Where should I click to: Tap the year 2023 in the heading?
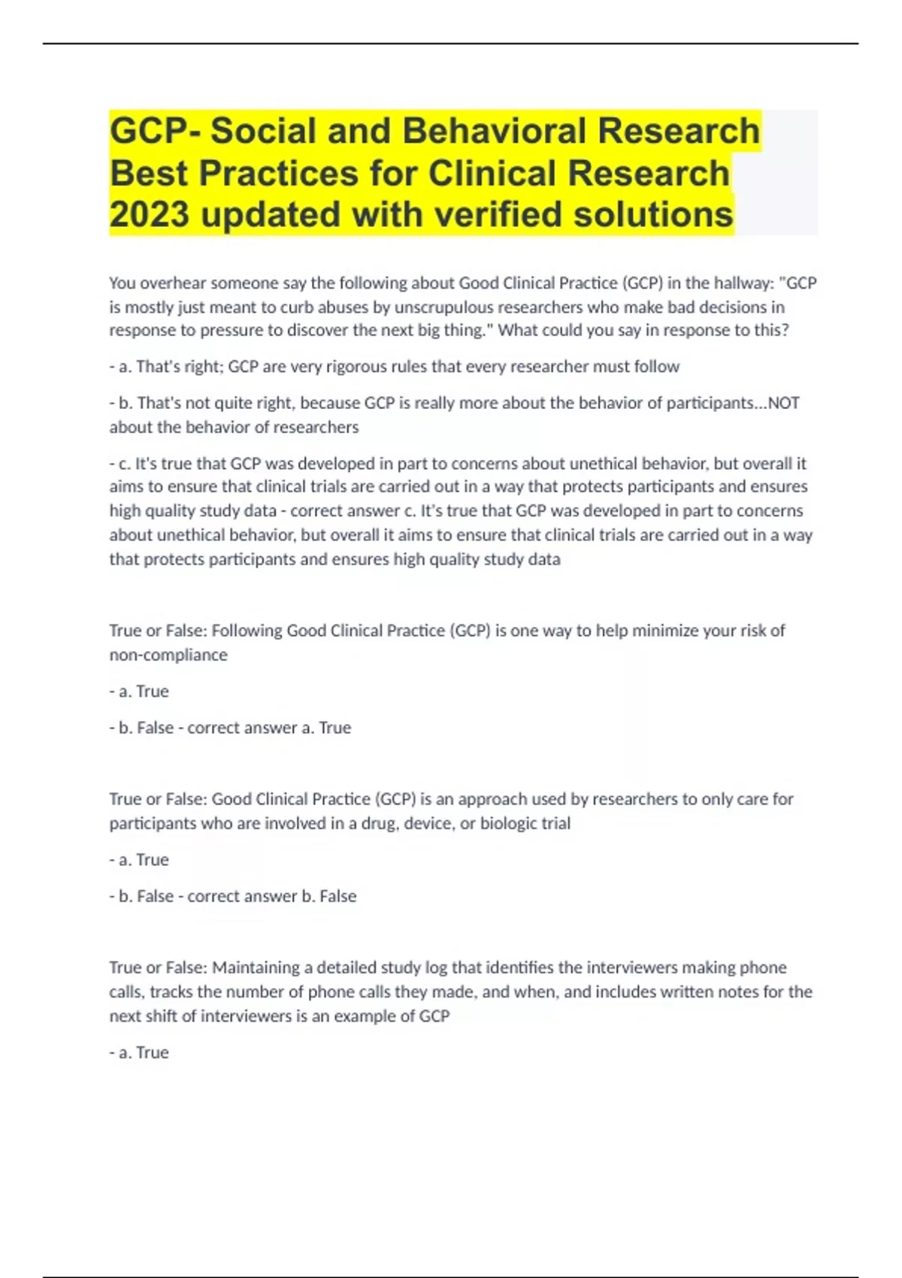[x=149, y=214]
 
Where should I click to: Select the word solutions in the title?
[x=653, y=214]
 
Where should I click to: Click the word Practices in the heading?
[x=278, y=173]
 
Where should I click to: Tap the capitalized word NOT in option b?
[x=783, y=403]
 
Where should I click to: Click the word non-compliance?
[x=168, y=655]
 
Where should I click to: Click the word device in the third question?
[x=428, y=823]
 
